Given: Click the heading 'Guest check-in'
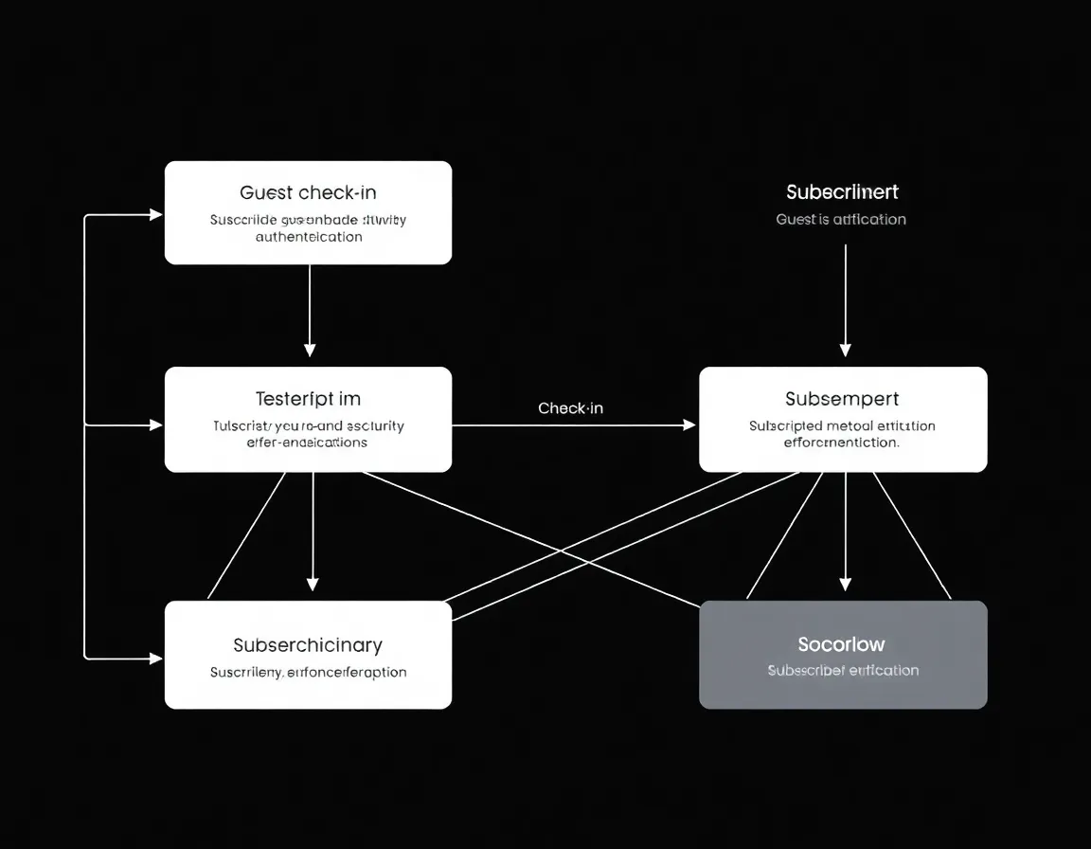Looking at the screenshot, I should click(x=308, y=193).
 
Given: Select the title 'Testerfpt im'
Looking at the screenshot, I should click(x=308, y=399).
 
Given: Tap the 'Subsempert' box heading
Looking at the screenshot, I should click(x=842, y=399).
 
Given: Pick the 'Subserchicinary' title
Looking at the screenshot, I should click(x=308, y=645).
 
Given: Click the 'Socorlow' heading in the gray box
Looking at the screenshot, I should click(x=842, y=645).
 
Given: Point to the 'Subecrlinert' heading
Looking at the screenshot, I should click(x=842, y=192).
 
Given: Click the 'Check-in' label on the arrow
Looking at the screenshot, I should click(x=570, y=408).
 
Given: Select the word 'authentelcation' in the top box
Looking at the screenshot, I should click(x=309, y=237).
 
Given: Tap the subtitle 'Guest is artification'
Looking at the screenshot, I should click(x=841, y=220).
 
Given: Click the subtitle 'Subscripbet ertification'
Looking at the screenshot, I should click(x=843, y=671).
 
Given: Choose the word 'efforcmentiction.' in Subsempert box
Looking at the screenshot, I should click(x=842, y=443).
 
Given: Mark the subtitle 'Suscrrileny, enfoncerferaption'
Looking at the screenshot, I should click(x=308, y=673).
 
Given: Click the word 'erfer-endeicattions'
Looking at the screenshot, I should click(x=308, y=443).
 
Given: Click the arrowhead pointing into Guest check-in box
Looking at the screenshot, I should click(x=156, y=215).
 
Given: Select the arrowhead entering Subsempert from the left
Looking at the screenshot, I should click(x=689, y=425).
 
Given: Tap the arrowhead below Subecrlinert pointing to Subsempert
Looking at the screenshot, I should click(x=846, y=350).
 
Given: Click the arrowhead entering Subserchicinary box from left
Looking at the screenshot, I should click(x=156, y=657).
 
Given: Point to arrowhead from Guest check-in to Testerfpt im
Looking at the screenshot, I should click(x=310, y=350).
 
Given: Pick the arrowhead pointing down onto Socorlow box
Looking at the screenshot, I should click(x=846, y=584).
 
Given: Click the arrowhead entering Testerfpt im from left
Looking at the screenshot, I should click(x=156, y=425).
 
